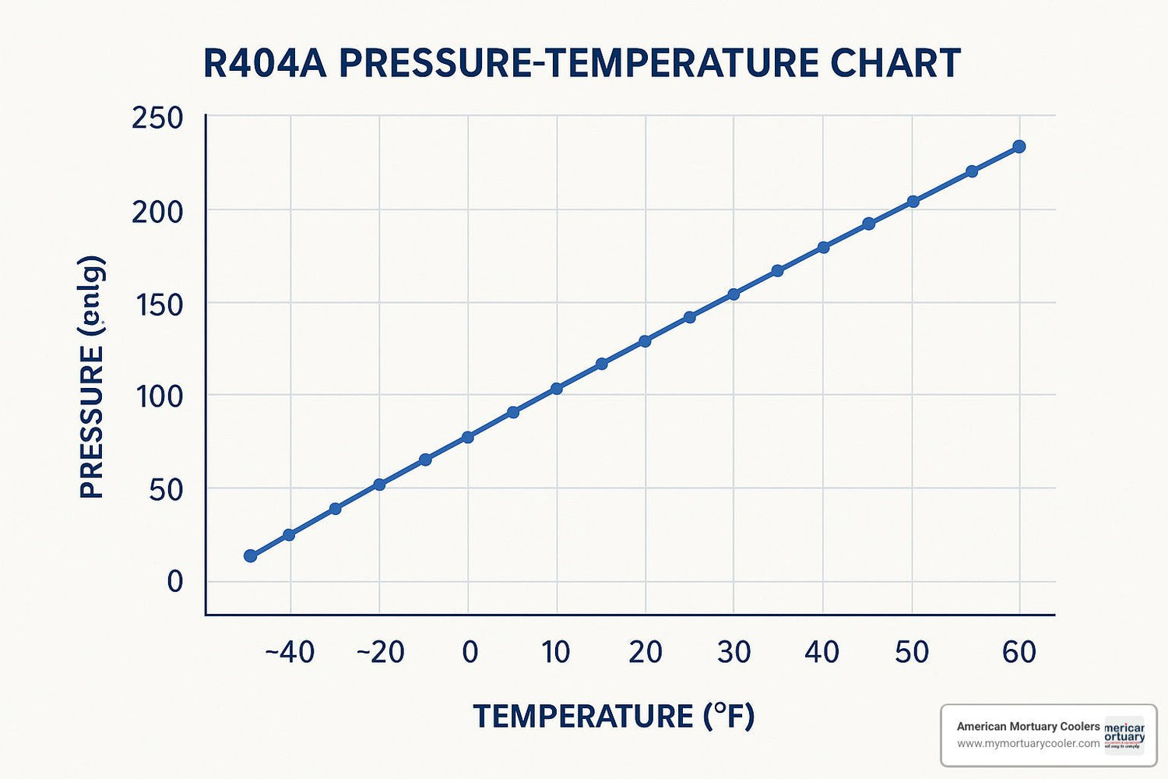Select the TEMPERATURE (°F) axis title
click(x=614, y=716)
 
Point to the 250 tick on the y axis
click(x=157, y=118)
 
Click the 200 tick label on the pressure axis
click(x=157, y=211)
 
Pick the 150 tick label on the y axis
click(x=159, y=305)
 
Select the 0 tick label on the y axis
click(x=174, y=581)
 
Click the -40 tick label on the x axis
click(x=290, y=652)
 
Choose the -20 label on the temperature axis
click(x=380, y=652)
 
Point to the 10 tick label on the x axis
click(x=556, y=652)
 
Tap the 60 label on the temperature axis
click(x=1019, y=652)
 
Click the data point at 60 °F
click(x=1018, y=146)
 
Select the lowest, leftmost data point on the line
click(x=250, y=555)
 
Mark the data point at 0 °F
click(x=468, y=437)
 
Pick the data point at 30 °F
click(x=734, y=294)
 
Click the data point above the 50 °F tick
click(x=913, y=202)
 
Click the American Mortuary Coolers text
click(x=1028, y=726)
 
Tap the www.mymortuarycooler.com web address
click(x=1028, y=744)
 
